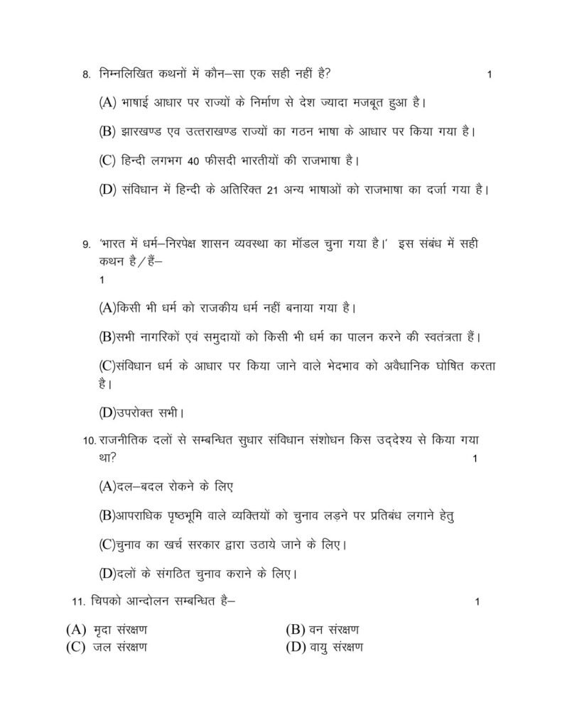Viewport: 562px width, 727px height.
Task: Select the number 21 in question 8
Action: pyautogui.click(x=270, y=190)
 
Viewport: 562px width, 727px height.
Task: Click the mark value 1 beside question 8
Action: pyautogui.click(x=490, y=75)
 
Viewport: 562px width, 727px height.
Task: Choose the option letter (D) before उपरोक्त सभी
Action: pyautogui.click(x=107, y=411)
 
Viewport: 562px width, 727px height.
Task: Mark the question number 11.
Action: pyautogui.click(x=79, y=602)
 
